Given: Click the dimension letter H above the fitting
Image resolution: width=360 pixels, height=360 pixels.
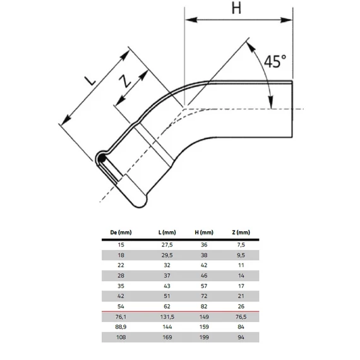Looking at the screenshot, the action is pos(236,8).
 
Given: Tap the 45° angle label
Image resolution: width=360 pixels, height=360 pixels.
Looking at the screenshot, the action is pos(275,61).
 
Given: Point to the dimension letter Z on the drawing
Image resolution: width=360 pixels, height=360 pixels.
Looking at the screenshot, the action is pos(125,81).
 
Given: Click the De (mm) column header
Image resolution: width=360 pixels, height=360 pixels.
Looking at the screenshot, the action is pos(121,232).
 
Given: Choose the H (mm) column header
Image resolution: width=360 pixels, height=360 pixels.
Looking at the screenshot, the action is pos(204,232).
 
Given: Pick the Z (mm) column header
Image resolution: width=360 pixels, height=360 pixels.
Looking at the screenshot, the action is pos(241,232).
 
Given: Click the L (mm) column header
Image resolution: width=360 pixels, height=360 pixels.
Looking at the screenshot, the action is pos(167,232).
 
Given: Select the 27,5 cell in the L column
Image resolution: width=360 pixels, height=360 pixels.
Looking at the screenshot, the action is pos(167,245).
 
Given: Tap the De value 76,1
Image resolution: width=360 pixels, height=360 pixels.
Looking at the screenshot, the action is pos(121,317).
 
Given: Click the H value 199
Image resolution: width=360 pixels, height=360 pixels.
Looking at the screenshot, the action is pos(204,337).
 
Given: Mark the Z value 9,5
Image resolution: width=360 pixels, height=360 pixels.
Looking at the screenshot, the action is pos(241,255).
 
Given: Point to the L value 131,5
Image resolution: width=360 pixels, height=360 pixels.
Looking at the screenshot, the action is pos(167,317).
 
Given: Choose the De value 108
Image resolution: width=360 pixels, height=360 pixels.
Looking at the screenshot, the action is pos(121,337).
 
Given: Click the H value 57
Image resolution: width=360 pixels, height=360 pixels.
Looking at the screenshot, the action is pos(204,286).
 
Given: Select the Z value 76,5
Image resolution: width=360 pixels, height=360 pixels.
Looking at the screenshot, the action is pos(241,317).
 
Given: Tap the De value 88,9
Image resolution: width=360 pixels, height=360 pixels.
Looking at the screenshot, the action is pos(121,327).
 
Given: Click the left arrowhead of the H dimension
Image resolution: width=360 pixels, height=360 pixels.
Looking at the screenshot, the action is pos(191,20).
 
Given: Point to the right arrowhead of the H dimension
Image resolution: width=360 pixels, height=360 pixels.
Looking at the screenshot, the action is pos(286,20).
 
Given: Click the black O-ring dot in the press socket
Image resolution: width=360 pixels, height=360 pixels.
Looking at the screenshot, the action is pos(102,159).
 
